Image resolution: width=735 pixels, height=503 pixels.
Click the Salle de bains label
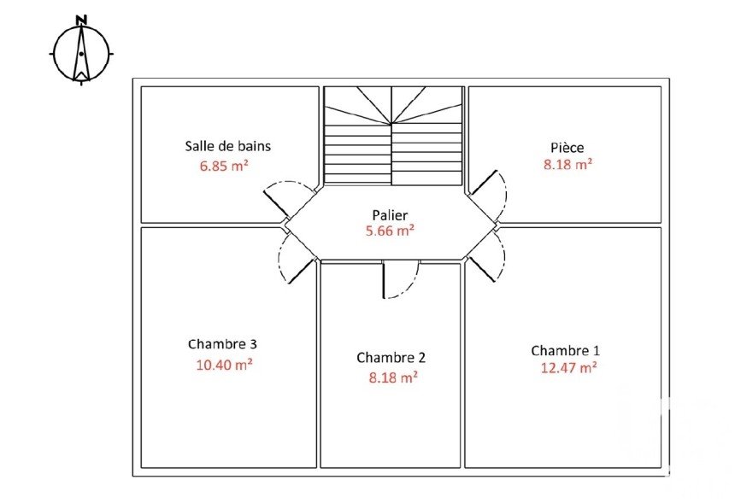point(228,146)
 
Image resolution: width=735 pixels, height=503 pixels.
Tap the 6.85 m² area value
point(224,166)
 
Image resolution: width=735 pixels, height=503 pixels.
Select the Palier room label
point(390,215)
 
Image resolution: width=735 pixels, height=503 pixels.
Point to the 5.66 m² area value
point(390,231)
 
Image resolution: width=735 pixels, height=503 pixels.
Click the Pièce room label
point(567,148)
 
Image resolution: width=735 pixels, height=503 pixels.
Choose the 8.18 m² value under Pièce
point(567,164)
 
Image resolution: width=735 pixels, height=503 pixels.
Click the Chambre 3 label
point(222,344)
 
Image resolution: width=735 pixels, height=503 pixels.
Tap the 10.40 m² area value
point(225,365)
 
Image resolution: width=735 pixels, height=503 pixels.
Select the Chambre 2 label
point(391,358)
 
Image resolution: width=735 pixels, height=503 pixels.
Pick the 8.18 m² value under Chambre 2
point(393,377)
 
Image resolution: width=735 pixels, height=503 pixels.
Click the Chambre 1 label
point(565,350)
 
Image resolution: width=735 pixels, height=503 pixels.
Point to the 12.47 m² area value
point(568,368)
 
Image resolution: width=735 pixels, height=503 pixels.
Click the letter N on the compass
point(81,20)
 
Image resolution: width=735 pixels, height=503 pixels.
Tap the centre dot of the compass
point(81,54)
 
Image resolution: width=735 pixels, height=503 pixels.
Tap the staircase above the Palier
point(393,135)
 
